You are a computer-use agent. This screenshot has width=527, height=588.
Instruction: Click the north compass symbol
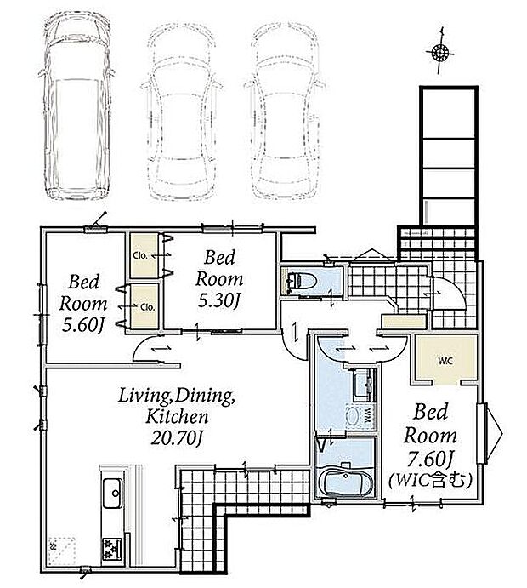tap(440, 52)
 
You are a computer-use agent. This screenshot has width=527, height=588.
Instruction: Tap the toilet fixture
tap(302, 281)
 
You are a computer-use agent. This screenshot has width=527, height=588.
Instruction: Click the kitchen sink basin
tap(113, 494)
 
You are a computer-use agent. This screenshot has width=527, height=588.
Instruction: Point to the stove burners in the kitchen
tap(111, 550)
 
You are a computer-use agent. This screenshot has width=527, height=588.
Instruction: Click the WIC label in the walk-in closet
tap(445, 361)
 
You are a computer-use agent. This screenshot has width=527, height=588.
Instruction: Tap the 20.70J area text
tap(177, 438)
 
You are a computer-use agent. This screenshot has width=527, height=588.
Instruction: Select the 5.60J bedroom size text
tap(82, 325)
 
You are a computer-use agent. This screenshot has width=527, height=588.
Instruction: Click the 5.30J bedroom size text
tap(218, 300)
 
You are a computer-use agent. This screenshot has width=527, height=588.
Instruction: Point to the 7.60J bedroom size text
tap(430, 458)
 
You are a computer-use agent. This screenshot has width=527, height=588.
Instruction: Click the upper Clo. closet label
tap(140, 256)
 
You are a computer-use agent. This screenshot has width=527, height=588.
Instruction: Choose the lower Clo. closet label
tap(148, 306)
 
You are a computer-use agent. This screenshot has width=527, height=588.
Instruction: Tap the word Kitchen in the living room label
tap(177, 416)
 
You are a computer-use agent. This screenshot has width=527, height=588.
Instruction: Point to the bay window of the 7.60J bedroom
tap(490, 433)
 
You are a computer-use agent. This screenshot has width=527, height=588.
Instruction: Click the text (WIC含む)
tap(430, 480)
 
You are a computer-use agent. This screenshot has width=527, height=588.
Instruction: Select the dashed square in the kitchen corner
tap(62, 551)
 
